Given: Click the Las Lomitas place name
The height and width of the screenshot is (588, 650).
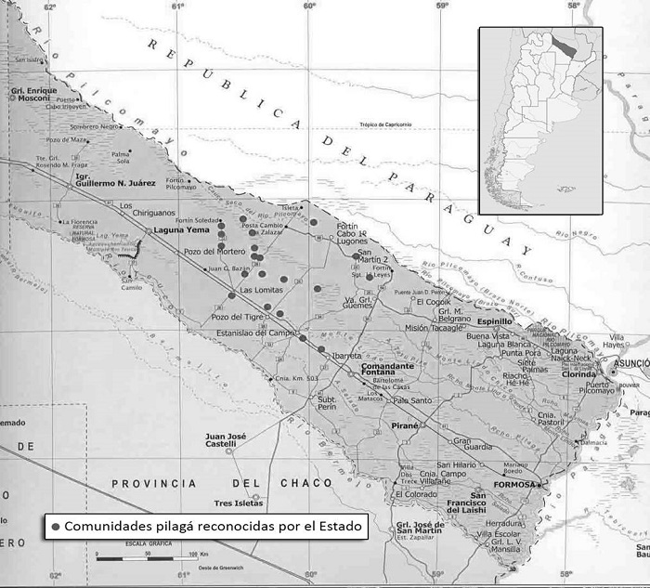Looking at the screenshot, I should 262,291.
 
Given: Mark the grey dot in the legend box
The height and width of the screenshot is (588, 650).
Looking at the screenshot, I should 56,526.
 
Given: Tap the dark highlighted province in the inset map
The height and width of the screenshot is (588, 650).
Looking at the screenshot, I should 560,44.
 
